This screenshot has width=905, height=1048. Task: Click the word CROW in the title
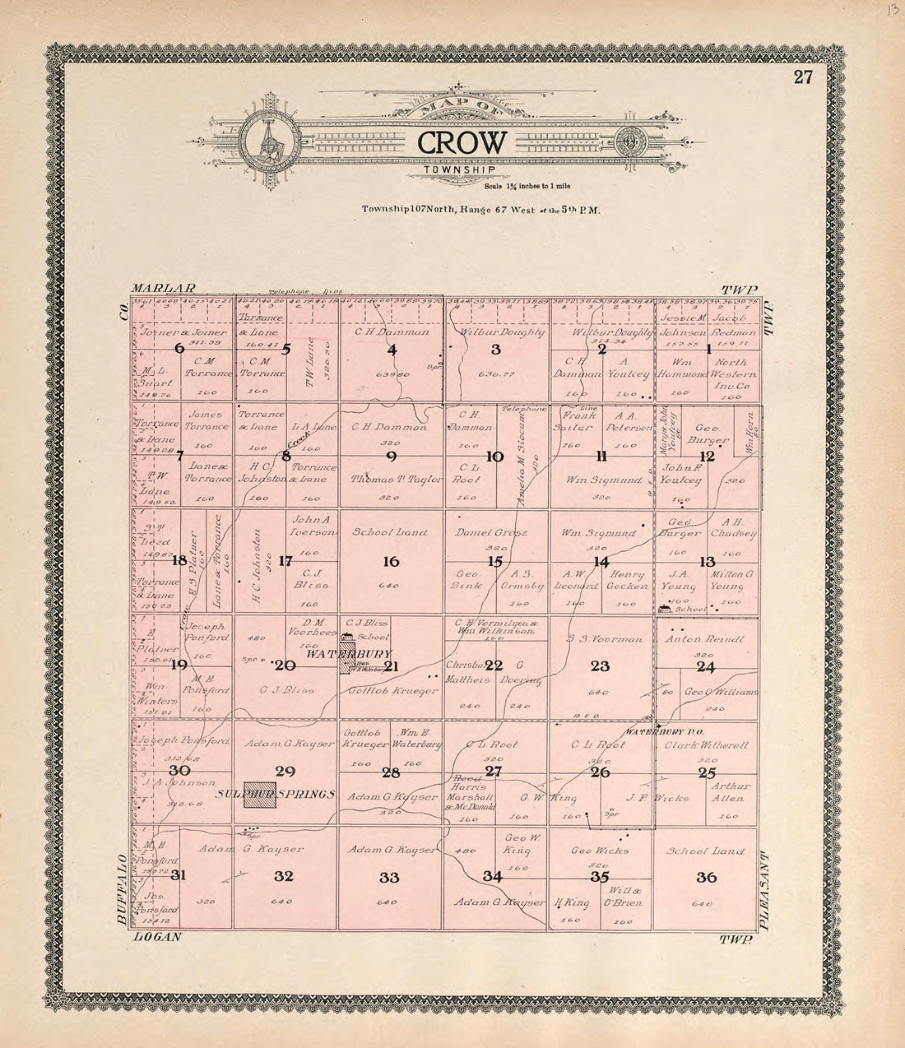[461, 141]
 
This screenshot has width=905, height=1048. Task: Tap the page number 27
[803, 78]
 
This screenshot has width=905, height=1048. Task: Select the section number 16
[391, 562]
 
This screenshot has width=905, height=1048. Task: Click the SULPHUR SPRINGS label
[277, 795]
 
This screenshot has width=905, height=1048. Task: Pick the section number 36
[707, 877]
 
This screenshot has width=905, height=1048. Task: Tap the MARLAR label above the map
[163, 289]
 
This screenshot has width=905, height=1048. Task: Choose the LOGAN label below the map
[155, 937]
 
